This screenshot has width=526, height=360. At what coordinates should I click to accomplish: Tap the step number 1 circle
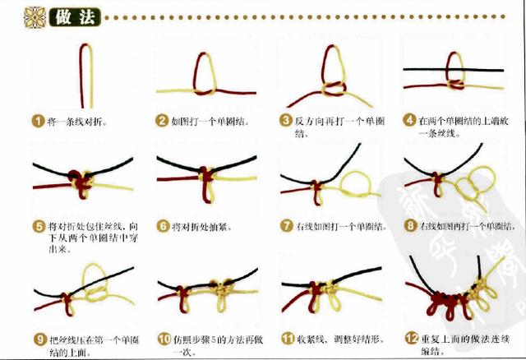pos(37,120)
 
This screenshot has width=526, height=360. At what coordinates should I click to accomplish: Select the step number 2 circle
pos(163,120)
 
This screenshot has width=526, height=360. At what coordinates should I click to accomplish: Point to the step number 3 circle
pos(285,120)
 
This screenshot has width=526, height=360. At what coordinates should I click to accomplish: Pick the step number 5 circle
pos(37,225)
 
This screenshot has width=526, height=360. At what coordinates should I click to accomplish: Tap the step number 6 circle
pos(163,225)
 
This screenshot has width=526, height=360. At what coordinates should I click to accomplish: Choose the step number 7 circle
pos(285,225)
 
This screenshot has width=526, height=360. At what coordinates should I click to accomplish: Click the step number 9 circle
pos(37,338)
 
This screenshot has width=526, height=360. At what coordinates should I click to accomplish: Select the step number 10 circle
pos(163,338)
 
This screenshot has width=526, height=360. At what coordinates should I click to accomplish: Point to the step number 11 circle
pos(287,338)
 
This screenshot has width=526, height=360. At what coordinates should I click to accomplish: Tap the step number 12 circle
pos(410,338)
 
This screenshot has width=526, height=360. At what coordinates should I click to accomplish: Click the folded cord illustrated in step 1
pos(85,74)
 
